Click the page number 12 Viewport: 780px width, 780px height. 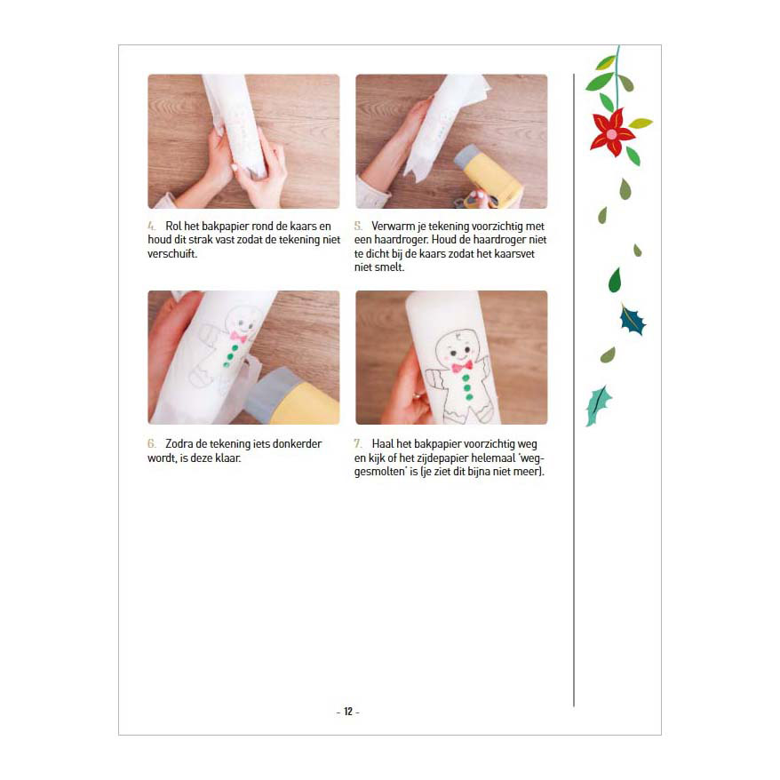tap(348, 712)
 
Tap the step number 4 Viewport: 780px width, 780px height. tap(151, 226)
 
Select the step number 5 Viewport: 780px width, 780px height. tap(358, 226)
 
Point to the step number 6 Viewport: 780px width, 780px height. tap(151, 443)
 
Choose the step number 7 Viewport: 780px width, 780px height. tap(358, 443)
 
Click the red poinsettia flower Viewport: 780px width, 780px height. tap(612, 131)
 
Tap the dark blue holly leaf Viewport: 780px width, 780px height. tap(633, 321)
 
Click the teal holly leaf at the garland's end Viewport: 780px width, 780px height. tap(598, 405)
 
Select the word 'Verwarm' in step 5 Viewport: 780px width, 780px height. tap(393, 226)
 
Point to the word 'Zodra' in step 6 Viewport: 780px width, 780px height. tap(179, 443)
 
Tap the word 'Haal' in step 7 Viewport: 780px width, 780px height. tap(383, 443)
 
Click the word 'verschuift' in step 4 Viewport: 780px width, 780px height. tap(171, 254)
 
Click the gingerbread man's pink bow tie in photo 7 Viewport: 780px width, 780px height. tap(462, 367)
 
